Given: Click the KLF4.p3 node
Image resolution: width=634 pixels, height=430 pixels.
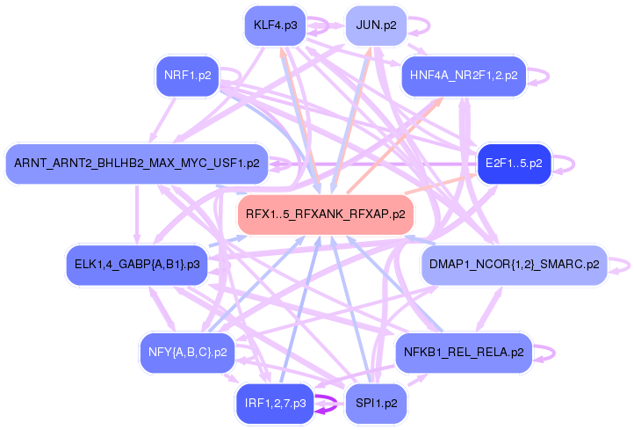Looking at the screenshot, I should [274, 25].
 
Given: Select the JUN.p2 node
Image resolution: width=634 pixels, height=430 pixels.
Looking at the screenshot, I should [376, 26].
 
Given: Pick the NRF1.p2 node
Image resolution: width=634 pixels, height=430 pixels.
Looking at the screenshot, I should [187, 76].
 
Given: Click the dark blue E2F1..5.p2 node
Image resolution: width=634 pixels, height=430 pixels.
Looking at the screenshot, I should [514, 163].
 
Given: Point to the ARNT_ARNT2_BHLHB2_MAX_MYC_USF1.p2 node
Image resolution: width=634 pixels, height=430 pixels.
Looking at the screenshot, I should [137, 163].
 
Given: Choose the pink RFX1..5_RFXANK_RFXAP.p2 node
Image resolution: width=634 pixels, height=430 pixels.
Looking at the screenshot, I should [325, 214].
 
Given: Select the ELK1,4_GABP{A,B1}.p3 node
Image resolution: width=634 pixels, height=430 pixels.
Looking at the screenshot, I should [137, 264].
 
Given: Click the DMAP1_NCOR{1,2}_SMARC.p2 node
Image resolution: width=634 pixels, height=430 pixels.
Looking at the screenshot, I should [514, 264].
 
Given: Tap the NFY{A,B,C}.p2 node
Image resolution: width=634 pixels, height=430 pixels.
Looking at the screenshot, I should [187, 353].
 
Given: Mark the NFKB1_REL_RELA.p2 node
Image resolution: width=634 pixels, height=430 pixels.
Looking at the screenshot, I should [464, 353].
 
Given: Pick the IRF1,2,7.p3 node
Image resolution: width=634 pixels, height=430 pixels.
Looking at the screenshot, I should [274, 404].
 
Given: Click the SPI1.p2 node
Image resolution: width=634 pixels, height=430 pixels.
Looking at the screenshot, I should [376, 404].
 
